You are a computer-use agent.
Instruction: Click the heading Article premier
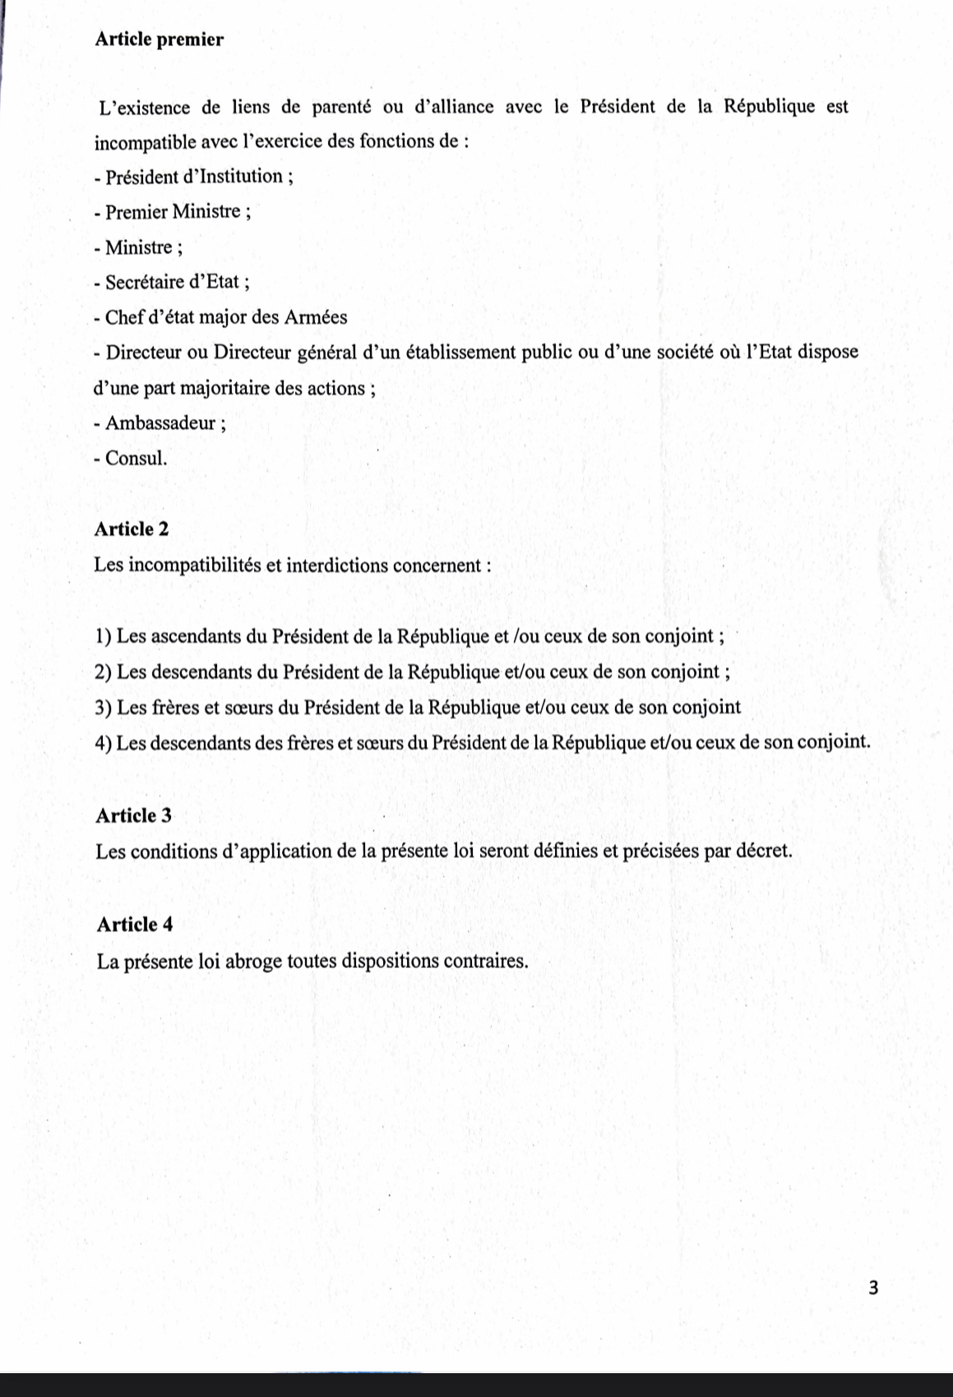coord(159,39)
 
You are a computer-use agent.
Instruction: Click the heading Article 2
coord(132,529)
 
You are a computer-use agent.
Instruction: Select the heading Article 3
coord(134,815)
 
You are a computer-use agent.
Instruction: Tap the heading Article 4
coord(135,924)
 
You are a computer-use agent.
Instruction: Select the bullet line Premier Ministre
coord(173,212)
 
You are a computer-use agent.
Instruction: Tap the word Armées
coord(317,317)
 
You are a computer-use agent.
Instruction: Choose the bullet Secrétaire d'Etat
coord(172,282)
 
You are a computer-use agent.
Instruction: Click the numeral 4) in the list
coord(104,743)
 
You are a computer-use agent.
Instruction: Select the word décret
coord(764,851)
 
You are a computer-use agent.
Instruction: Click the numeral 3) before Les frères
coord(104,708)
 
